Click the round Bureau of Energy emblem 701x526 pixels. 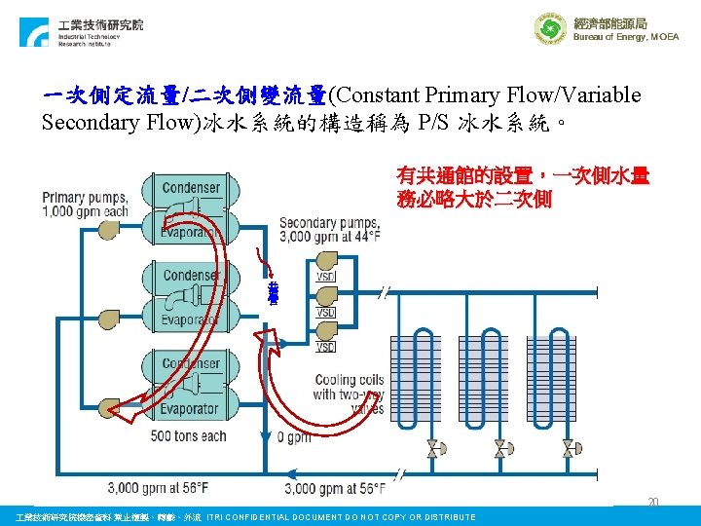coord(549,28)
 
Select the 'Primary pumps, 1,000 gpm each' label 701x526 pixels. coord(85,204)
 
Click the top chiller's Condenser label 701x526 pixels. coord(192,187)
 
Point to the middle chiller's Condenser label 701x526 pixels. coord(192,276)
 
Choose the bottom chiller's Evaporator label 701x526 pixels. coord(192,408)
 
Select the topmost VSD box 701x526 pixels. coord(326,277)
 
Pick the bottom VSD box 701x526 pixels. coord(326,347)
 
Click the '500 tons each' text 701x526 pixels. coord(190,435)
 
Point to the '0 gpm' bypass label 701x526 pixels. coord(295,437)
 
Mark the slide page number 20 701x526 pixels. coord(654,503)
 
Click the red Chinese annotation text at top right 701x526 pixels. coord(522,188)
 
